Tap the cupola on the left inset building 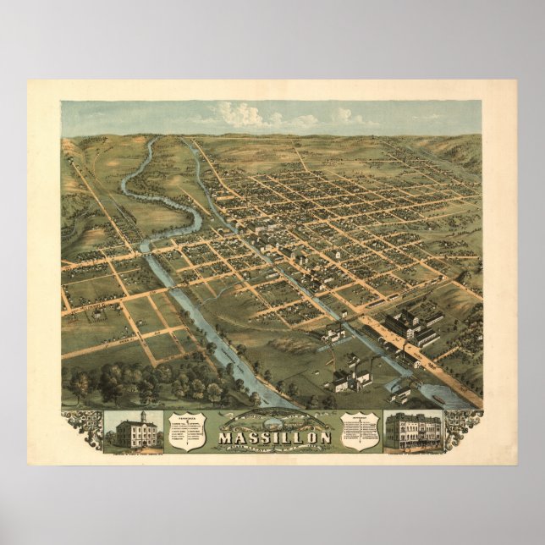[x=143, y=416]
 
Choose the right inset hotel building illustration [x=412, y=432]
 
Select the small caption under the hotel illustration [x=412, y=456]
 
